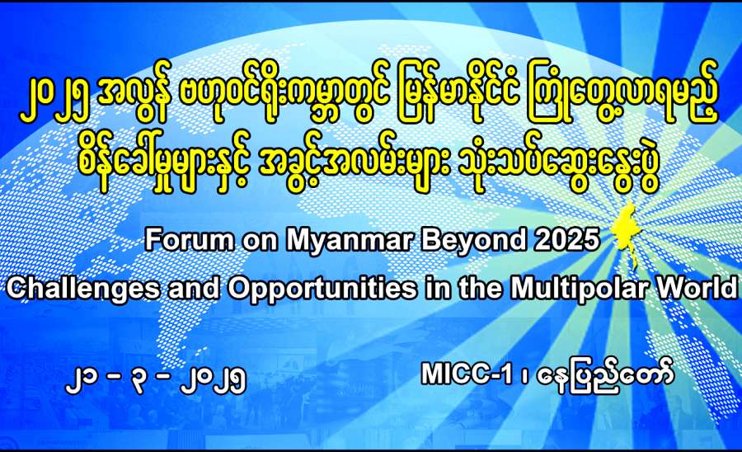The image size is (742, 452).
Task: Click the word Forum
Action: [190, 239]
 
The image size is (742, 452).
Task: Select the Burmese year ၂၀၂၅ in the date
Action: [214, 379]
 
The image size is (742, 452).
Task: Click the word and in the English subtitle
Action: [194, 287]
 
